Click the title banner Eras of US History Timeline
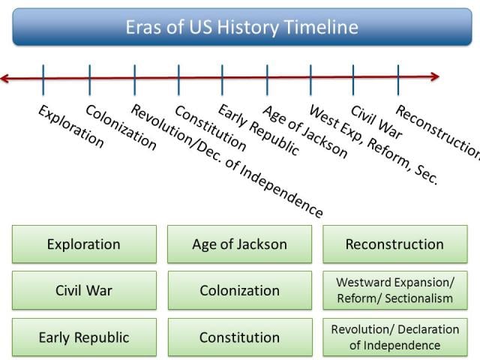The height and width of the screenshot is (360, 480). tap(240, 28)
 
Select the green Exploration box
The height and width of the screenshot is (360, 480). tap(84, 244)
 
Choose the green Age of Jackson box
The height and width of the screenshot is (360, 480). tap(239, 244)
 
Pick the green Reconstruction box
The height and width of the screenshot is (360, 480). tap(394, 244)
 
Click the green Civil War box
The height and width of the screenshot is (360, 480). tap(84, 290)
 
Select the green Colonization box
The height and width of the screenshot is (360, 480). tap(239, 290)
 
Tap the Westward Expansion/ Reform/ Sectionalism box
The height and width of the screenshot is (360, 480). tap(394, 290)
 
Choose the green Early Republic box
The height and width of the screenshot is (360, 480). tap(84, 337)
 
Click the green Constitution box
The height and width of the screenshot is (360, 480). tap(239, 337)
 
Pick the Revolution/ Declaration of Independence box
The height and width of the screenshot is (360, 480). tap(394, 337)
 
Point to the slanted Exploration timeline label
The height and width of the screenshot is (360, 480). tap(70, 127)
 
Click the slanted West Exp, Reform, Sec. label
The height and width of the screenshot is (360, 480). tap(372, 145)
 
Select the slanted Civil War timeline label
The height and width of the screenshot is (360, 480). tap(376, 122)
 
